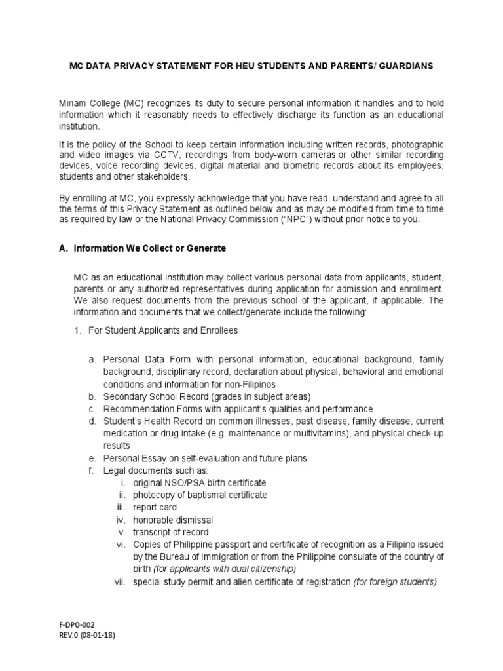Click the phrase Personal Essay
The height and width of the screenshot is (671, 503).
(x=131, y=457)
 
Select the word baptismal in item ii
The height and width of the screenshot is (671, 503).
(x=198, y=495)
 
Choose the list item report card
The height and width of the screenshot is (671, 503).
(x=155, y=507)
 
